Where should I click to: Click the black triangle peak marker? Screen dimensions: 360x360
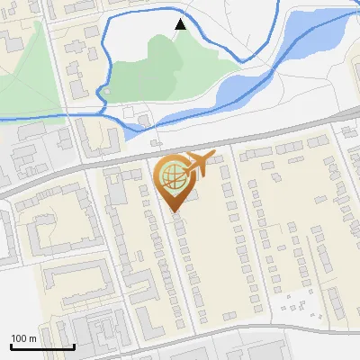tap(181, 24)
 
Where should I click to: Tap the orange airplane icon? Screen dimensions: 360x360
tap(199, 164)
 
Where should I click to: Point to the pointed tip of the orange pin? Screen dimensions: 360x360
tap(173, 212)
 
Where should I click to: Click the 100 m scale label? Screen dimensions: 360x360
tap(23, 338)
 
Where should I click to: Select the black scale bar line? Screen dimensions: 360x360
tap(41, 346)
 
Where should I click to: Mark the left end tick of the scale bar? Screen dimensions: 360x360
tap(11, 346)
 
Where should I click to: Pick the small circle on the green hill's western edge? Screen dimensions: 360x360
tap(105, 91)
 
